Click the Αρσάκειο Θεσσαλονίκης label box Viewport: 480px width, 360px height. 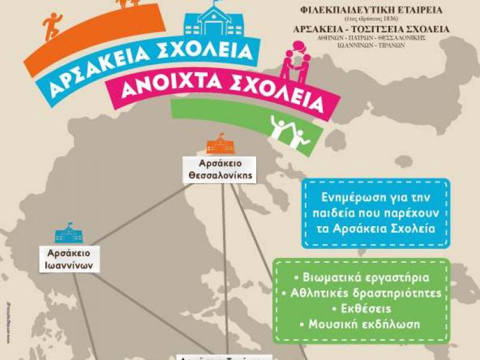[220, 169]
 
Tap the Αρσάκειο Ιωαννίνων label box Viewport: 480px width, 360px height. [70, 259]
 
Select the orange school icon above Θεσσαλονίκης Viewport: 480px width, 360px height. [220, 144]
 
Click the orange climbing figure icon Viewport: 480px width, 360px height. [52, 26]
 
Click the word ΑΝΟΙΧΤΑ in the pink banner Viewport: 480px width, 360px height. [162, 88]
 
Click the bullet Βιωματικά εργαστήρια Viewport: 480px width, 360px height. [362, 278]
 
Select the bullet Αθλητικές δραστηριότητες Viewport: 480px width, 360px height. [362, 293]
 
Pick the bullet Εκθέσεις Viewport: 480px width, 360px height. [362, 309]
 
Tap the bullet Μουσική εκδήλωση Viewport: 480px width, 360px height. [362, 325]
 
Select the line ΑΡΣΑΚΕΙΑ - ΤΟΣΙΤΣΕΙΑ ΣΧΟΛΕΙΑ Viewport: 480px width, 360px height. [370, 29]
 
